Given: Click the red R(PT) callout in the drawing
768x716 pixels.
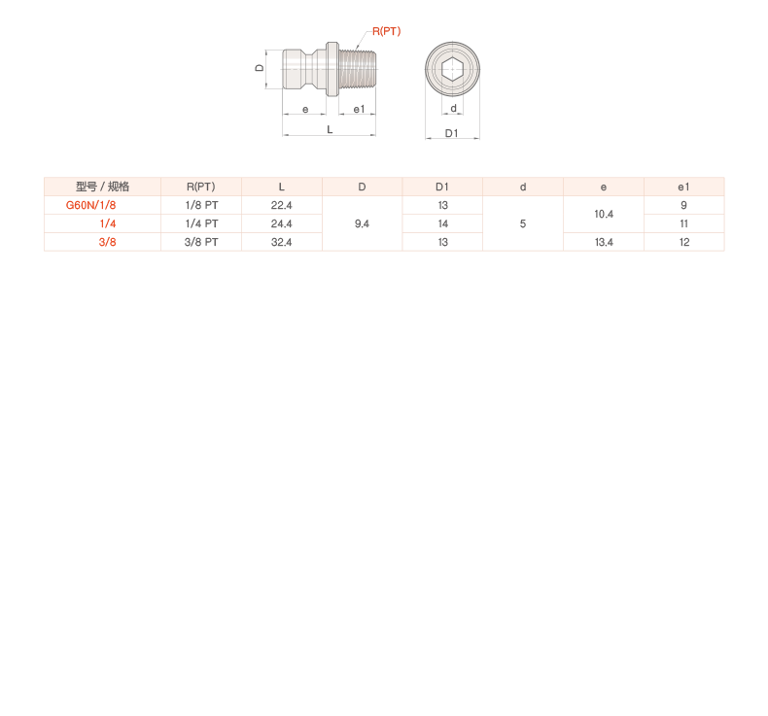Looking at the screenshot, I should pyautogui.click(x=386, y=32).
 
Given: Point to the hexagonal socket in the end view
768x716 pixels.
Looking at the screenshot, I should pyautogui.click(x=453, y=69).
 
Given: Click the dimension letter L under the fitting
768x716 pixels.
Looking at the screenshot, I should pyautogui.click(x=330, y=129).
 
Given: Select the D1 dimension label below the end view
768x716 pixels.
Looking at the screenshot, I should pyautogui.click(x=452, y=133).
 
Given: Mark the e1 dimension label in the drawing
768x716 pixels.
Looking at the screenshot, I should pyautogui.click(x=358, y=110).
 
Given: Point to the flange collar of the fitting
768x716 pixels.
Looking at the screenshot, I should pyautogui.click(x=333, y=69).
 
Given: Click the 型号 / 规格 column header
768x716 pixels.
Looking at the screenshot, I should pyautogui.click(x=102, y=187).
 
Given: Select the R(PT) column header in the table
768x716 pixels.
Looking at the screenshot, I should pyautogui.click(x=200, y=187).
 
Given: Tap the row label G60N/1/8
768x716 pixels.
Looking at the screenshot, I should pyautogui.click(x=90, y=205).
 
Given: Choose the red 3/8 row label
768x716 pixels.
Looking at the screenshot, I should pyautogui.click(x=107, y=242).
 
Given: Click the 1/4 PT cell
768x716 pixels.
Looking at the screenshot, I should pyautogui.click(x=200, y=223).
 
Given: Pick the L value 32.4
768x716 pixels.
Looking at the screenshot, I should pyautogui.click(x=281, y=242).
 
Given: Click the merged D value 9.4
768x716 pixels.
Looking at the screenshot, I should pyautogui.click(x=362, y=223).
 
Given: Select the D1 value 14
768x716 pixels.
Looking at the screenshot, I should pyautogui.click(x=442, y=223).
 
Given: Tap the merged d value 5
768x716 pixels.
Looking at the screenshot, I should pyautogui.click(x=523, y=223).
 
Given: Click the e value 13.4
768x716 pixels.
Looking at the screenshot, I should pyautogui.click(x=604, y=242).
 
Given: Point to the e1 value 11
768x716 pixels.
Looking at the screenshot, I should pyautogui.click(x=684, y=223).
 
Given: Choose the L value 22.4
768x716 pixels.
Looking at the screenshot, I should pyautogui.click(x=281, y=205).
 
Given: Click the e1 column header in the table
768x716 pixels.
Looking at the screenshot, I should pyautogui.click(x=684, y=187).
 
